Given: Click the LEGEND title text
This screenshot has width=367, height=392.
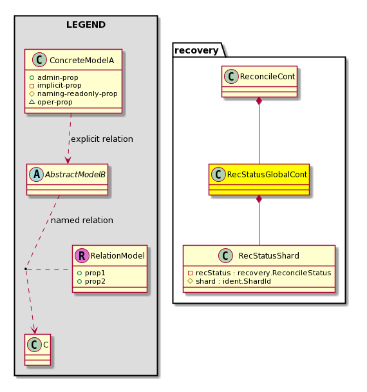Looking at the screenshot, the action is click(x=86, y=24).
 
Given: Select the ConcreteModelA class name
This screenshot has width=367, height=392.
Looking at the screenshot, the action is click(x=82, y=60).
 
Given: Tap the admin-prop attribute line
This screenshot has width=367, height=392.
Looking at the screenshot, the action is click(x=53, y=77).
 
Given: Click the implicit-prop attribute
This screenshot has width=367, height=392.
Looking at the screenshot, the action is click(x=55, y=86).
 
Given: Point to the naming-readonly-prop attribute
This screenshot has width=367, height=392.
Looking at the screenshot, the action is click(x=73, y=93).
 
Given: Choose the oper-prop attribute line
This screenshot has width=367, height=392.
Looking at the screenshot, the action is click(x=51, y=102).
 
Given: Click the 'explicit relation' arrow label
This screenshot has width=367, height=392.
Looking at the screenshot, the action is click(x=102, y=139).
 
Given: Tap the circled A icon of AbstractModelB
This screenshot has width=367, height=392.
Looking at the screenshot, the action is click(x=37, y=175).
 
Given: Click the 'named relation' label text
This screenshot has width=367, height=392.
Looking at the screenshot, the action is click(x=82, y=220).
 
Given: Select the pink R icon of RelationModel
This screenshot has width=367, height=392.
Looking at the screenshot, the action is click(x=82, y=256).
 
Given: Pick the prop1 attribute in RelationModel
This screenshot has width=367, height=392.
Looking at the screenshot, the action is click(x=91, y=273).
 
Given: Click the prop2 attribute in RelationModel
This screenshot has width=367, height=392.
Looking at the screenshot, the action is click(x=91, y=282).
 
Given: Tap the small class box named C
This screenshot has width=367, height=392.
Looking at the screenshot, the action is click(x=38, y=349).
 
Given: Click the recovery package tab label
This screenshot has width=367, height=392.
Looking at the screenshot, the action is click(x=196, y=50).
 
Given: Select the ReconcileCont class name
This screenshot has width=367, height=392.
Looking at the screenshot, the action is click(x=267, y=77).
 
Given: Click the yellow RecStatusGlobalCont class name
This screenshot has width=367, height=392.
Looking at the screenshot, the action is click(x=267, y=175).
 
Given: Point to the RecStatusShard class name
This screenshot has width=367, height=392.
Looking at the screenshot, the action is click(x=269, y=256).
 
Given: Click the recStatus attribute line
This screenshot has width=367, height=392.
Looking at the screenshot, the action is click(x=259, y=273).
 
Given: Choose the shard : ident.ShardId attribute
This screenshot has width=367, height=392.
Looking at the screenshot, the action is click(x=229, y=282).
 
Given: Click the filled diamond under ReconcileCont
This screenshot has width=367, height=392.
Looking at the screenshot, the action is click(x=259, y=101).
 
